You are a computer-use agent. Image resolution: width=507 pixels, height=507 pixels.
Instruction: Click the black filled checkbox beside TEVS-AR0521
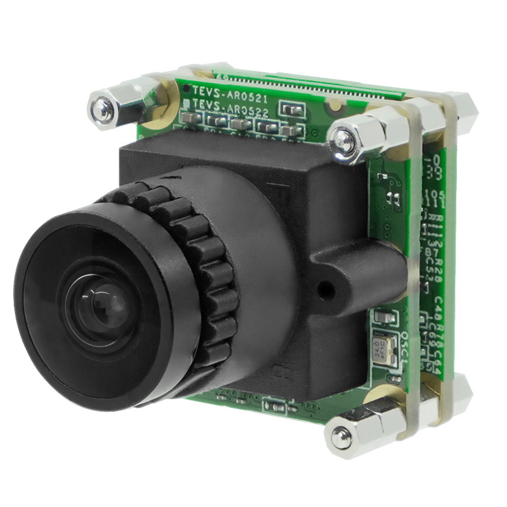[x=187, y=89]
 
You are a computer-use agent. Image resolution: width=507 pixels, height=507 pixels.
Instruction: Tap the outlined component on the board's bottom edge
[x=274, y=406]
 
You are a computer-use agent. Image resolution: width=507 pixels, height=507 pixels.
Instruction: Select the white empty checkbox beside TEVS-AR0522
[x=187, y=104]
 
